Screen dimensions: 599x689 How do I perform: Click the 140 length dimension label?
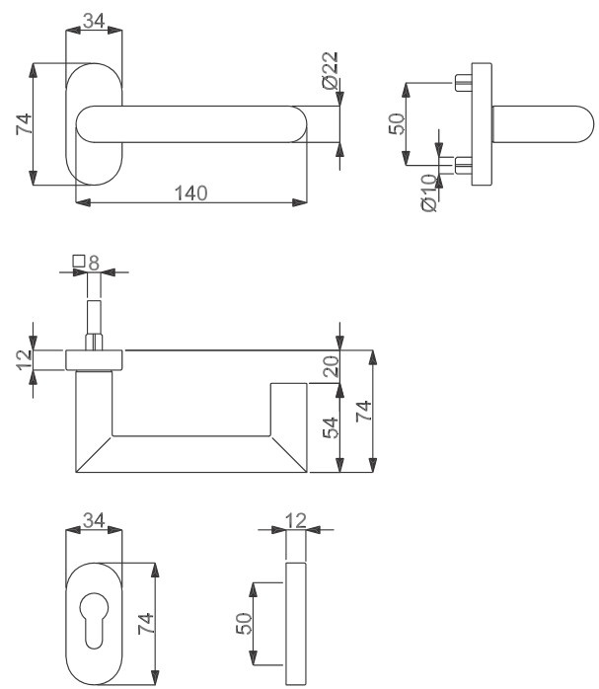tap(191, 192)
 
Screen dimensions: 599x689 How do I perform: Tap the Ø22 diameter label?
tap(331, 71)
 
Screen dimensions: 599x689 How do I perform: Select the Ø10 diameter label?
tap(429, 192)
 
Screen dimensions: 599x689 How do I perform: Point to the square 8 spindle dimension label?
tap(86, 263)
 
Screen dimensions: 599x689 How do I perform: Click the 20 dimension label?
tap(332, 366)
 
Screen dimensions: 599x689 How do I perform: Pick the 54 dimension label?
tap(331, 427)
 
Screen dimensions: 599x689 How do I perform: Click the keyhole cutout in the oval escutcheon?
tap(94, 620)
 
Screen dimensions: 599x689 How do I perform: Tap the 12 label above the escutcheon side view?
tap(295, 521)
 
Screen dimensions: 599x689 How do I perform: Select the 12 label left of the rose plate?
tap(25, 360)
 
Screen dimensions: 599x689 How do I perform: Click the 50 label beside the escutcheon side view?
tap(244, 624)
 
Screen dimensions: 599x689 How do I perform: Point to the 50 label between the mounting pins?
tap(397, 124)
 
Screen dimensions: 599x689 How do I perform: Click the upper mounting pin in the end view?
tap(463, 83)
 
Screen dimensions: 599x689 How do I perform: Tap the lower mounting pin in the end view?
tap(463, 165)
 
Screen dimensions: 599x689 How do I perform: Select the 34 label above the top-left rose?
tap(94, 21)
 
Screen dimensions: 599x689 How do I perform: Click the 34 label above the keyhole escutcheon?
tap(94, 520)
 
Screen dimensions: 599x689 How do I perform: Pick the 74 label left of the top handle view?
tap(24, 124)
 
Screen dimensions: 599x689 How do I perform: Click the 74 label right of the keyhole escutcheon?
tap(146, 623)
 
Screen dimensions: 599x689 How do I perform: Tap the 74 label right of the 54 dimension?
tap(364, 412)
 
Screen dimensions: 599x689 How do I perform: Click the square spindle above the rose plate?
tap(94, 325)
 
